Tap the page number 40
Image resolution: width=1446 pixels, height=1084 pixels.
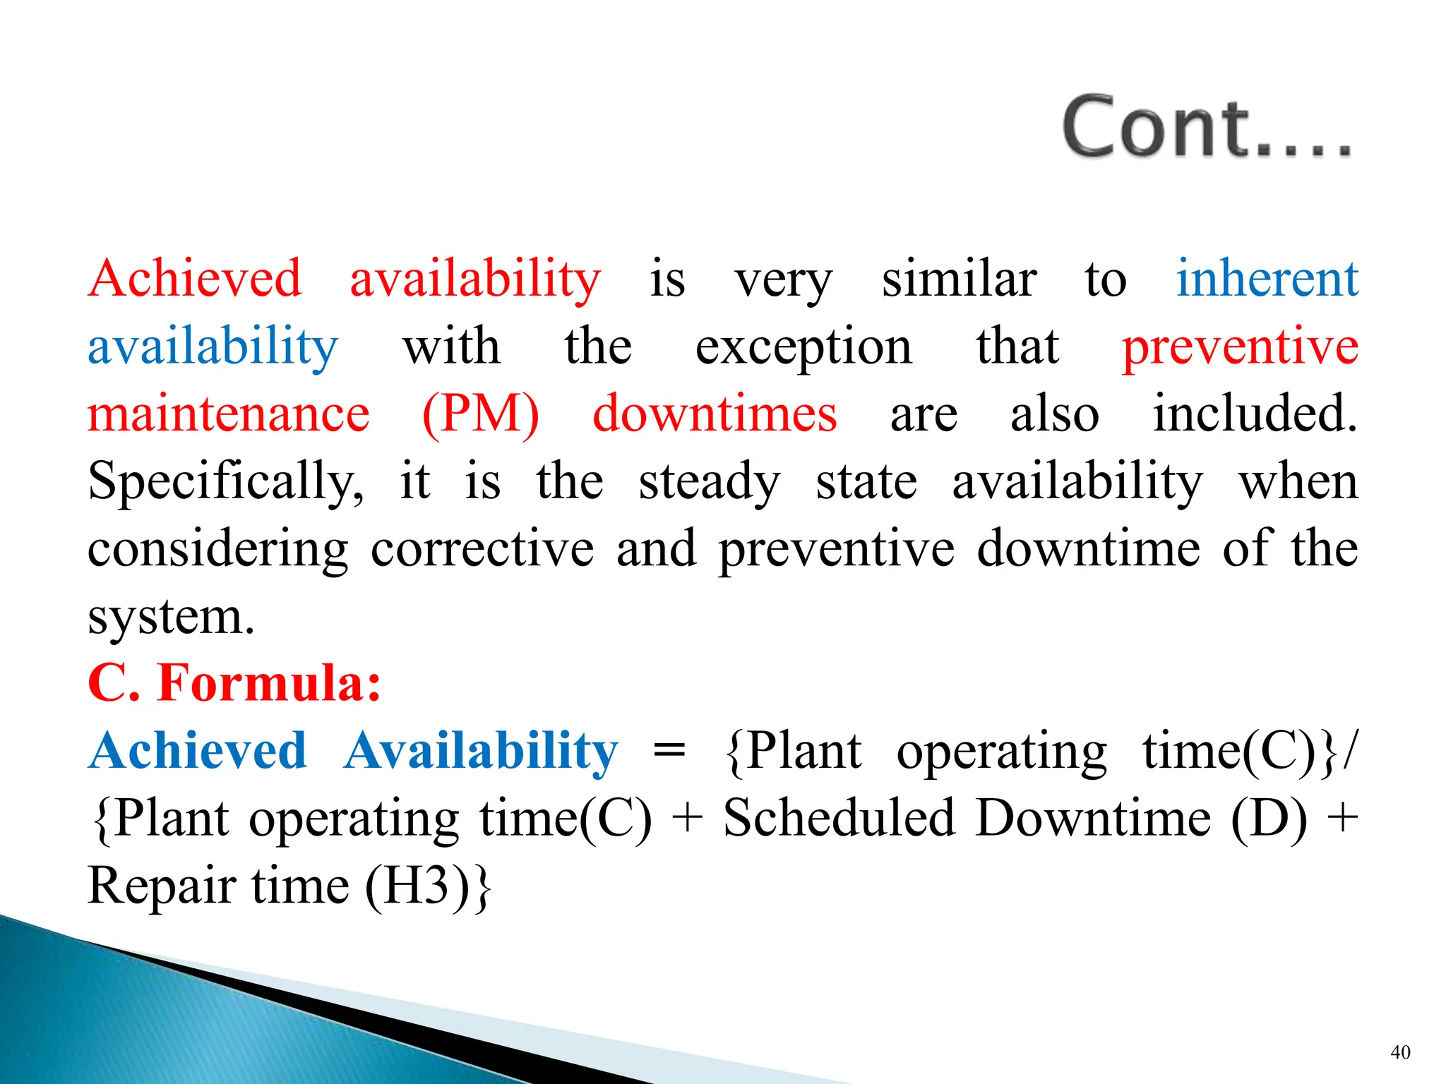click(1400, 1052)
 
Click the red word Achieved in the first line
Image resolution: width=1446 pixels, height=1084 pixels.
click(195, 278)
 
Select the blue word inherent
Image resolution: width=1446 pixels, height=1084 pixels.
click(1267, 278)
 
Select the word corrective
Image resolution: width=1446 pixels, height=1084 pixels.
click(482, 548)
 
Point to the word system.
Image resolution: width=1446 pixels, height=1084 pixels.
click(170, 617)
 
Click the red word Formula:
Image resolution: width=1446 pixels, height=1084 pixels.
click(269, 682)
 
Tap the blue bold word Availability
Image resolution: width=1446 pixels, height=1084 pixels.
click(481, 751)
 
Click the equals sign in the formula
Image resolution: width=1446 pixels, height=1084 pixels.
click(669, 751)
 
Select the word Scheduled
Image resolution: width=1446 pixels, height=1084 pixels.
click(839, 819)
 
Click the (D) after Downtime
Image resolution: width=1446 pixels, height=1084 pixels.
click(1269, 819)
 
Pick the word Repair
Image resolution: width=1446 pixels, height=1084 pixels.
click(160, 886)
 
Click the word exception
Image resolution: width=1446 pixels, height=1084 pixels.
click(803, 347)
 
